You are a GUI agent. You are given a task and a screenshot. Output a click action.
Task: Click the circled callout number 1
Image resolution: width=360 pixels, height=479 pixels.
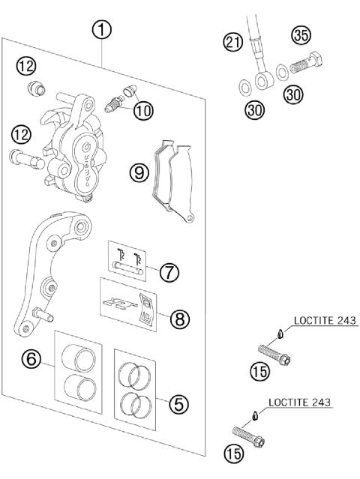tap(102, 31)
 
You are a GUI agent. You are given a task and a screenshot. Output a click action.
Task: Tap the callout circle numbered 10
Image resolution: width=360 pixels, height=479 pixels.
tap(142, 112)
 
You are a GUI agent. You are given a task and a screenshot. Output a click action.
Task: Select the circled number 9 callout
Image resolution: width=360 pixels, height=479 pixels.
tap(137, 172)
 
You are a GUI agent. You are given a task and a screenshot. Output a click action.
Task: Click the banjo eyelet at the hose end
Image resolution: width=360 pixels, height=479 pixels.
tap(262, 79)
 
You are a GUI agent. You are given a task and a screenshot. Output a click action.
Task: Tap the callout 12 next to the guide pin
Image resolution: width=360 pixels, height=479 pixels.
tap(20, 135)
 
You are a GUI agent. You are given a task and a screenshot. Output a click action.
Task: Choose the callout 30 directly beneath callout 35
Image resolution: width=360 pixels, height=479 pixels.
tap(293, 94)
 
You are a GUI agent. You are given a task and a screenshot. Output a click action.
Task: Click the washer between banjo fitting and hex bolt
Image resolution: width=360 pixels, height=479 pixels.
tap(280, 71)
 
